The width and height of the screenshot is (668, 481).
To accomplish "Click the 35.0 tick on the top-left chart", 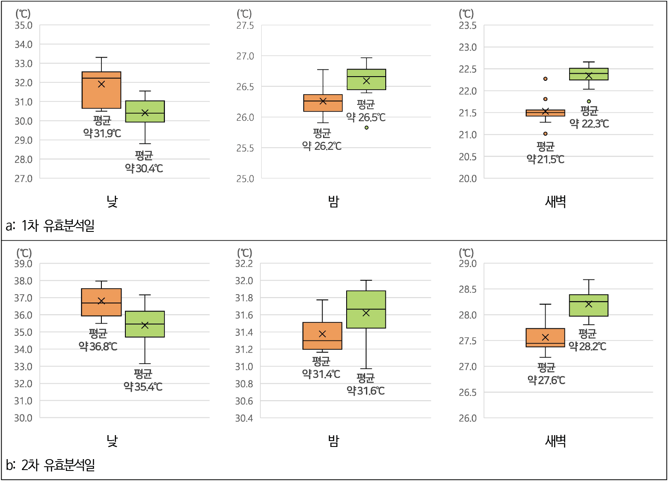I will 24,25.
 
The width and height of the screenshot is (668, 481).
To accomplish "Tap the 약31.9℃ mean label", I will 102,133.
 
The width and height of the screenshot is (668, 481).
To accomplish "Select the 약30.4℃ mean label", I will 144,168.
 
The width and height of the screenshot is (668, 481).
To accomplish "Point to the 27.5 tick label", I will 245,26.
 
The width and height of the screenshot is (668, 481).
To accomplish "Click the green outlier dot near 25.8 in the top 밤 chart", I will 366,128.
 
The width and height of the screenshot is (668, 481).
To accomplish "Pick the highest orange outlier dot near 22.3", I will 545,79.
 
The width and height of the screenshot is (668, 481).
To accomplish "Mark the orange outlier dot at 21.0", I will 545,134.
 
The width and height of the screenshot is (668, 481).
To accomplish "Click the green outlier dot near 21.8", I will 589,101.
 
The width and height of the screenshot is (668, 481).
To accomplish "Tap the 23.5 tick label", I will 467,26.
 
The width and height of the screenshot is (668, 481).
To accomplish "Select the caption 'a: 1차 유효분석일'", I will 50,226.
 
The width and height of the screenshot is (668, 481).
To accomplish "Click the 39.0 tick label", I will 24,264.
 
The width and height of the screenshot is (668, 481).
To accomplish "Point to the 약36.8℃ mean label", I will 98,346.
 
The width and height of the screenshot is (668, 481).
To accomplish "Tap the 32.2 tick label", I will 244,264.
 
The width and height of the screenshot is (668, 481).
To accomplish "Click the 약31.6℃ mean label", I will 366,391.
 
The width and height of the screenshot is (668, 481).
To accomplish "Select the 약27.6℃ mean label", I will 546,380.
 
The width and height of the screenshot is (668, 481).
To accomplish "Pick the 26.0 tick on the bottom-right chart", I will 467,418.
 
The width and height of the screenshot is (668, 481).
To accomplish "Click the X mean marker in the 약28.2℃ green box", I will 588,304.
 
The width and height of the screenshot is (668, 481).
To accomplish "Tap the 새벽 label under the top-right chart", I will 555,202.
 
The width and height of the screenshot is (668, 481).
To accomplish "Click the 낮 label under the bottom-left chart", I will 112,441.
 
